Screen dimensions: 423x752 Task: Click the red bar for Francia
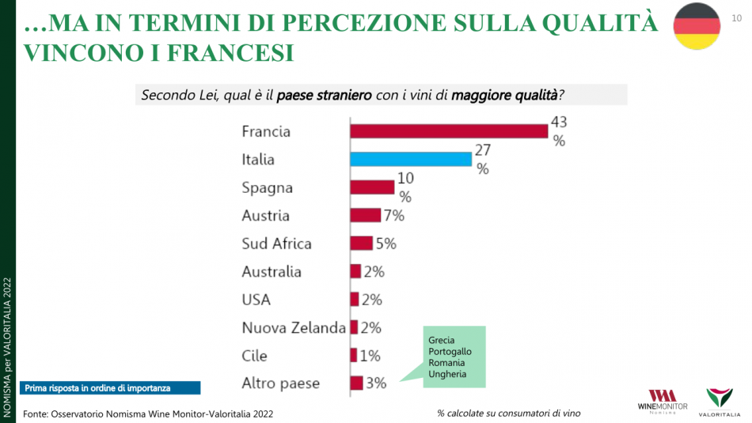click(x=449, y=131)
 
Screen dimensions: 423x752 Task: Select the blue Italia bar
click(x=411, y=159)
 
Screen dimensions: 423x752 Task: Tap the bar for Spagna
click(x=372, y=187)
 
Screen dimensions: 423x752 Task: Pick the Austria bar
click(x=365, y=215)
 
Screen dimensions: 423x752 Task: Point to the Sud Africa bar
click(x=361, y=244)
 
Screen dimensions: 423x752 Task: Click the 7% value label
click(x=393, y=215)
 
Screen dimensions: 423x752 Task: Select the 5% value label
click(x=385, y=244)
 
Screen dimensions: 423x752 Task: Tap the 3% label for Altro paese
click(x=376, y=383)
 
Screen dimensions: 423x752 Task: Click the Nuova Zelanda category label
click(x=294, y=327)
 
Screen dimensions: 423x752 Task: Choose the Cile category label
click(x=254, y=356)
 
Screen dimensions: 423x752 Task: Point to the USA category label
click(x=256, y=300)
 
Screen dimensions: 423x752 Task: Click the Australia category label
click(x=272, y=271)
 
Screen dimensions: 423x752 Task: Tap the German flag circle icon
click(x=697, y=26)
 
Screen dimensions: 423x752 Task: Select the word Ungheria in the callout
click(x=447, y=374)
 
